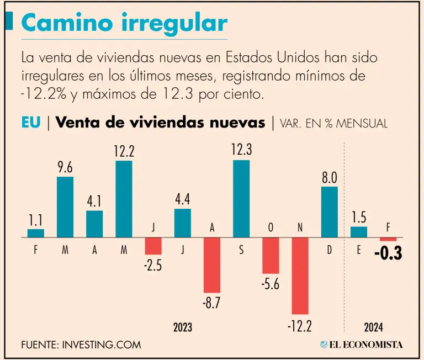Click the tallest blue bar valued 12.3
pos(241,199)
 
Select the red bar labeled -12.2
pos(300,276)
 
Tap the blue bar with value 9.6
pos(65,207)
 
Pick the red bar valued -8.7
pos(212,265)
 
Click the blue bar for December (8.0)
pos(330,212)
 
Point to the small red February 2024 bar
pos(388,239)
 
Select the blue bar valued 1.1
pos(36,233)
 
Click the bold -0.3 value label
pos(388,255)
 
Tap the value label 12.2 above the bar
pos(124,151)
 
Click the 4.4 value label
pos(183,199)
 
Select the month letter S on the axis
pos(241,250)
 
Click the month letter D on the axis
pos(330,250)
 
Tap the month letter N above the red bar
pos(300,227)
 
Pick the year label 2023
pos(183,327)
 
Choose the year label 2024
pos(373,327)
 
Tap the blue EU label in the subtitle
pos(31,123)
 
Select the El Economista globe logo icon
pos(324,345)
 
